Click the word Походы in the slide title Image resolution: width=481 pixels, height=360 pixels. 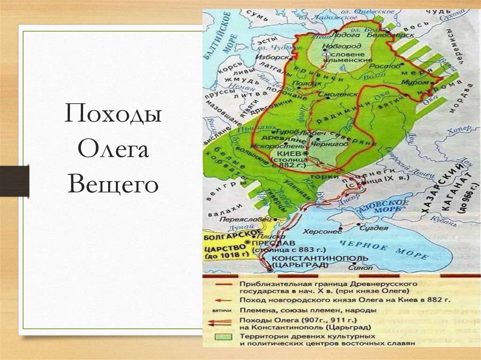coord(113,115)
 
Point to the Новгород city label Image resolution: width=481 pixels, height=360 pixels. coord(343,46)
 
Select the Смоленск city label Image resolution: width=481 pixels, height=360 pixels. coord(334,94)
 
